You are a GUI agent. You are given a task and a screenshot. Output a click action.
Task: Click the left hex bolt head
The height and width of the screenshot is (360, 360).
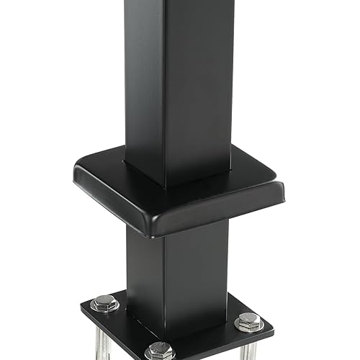pyautogui.click(x=105, y=302)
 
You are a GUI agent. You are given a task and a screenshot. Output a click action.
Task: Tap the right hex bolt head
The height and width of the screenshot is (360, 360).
pyautogui.click(x=248, y=320)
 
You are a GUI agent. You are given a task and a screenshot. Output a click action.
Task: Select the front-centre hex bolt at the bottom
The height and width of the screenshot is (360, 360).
pyautogui.click(x=160, y=351)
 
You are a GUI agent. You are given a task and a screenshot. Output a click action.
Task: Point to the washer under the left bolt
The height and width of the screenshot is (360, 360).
pyautogui.click(x=105, y=309)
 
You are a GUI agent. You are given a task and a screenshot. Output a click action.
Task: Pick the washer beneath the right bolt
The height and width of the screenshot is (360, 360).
pyautogui.click(x=248, y=328)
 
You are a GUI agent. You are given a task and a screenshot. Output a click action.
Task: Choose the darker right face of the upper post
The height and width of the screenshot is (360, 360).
pyautogui.click(x=202, y=79)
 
